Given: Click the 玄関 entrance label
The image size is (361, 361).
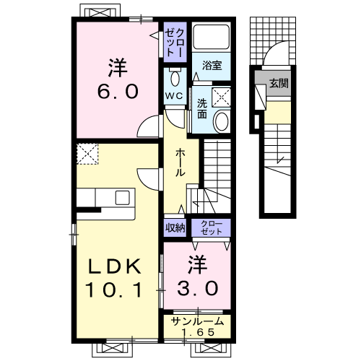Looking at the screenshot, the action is [279, 83].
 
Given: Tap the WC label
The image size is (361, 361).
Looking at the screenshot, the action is [174, 96].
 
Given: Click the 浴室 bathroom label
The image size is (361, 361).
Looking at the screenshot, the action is [212, 65].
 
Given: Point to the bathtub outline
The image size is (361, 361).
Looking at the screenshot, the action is [212, 37].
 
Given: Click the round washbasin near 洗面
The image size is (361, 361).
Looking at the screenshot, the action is [222, 121].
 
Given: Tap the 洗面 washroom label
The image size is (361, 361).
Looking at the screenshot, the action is [202, 108].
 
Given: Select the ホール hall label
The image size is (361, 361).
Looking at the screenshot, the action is [180, 162].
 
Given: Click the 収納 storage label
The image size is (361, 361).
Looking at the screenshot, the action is [175, 227].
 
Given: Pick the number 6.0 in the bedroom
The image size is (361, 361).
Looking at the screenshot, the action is [118, 92].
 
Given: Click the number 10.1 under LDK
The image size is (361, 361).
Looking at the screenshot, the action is [113, 290].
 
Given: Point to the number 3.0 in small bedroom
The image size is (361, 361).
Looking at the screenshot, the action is [198, 288].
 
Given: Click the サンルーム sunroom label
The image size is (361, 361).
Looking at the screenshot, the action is [197, 321].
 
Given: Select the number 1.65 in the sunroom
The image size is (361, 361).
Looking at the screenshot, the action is [198, 332].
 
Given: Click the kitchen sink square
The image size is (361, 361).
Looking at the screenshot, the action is [123, 198].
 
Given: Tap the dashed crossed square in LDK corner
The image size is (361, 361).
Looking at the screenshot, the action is [87, 154].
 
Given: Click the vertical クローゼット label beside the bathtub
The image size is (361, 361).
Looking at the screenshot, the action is [175, 43].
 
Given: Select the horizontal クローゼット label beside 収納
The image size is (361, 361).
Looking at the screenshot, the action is [212, 227].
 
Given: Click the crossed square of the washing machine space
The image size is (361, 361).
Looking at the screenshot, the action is [221, 97].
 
